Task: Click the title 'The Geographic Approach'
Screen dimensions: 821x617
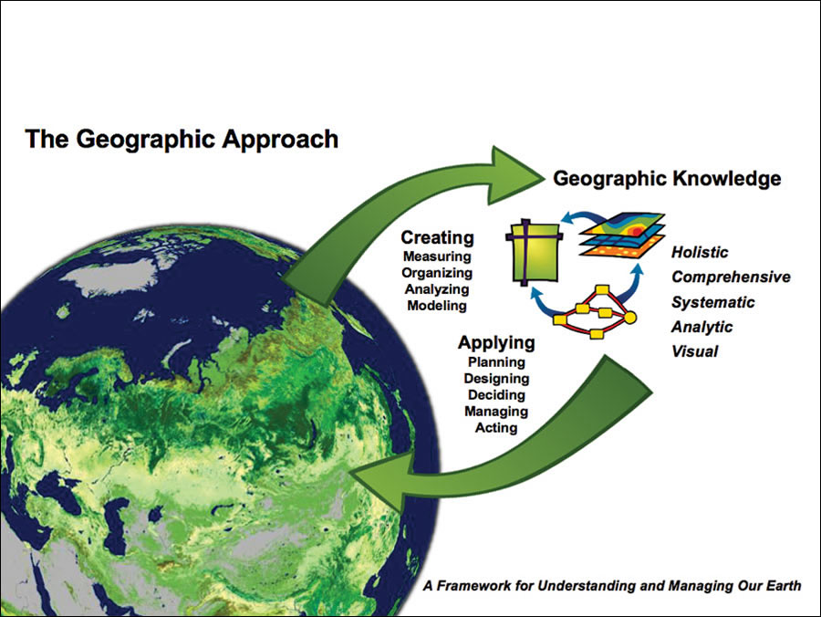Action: tap(182, 140)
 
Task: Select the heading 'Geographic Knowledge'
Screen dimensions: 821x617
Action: tap(667, 179)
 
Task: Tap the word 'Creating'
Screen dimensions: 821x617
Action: tap(437, 237)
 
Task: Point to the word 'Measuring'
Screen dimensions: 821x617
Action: tap(437, 256)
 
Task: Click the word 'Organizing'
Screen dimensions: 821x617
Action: tap(437, 273)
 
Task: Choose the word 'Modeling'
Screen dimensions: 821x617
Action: tap(437, 306)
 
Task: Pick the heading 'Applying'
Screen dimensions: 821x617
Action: tap(496, 343)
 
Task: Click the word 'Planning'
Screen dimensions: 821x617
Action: tap(496, 362)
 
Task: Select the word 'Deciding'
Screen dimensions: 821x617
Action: tap(496, 395)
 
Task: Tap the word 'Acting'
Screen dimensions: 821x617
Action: tap(496, 428)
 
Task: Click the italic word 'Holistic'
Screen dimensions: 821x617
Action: tap(700, 253)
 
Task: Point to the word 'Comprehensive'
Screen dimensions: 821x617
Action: tap(731, 277)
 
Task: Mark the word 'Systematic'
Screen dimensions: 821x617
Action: tap(713, 302)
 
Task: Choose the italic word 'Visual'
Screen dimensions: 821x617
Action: tap(694, 351)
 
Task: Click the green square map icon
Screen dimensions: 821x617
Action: tap(535, 253)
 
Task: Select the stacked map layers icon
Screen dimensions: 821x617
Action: tap(622, 235)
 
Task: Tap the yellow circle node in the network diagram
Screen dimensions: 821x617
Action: tap(630, 318)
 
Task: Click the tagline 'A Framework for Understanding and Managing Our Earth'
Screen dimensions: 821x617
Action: tap(612, 586)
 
